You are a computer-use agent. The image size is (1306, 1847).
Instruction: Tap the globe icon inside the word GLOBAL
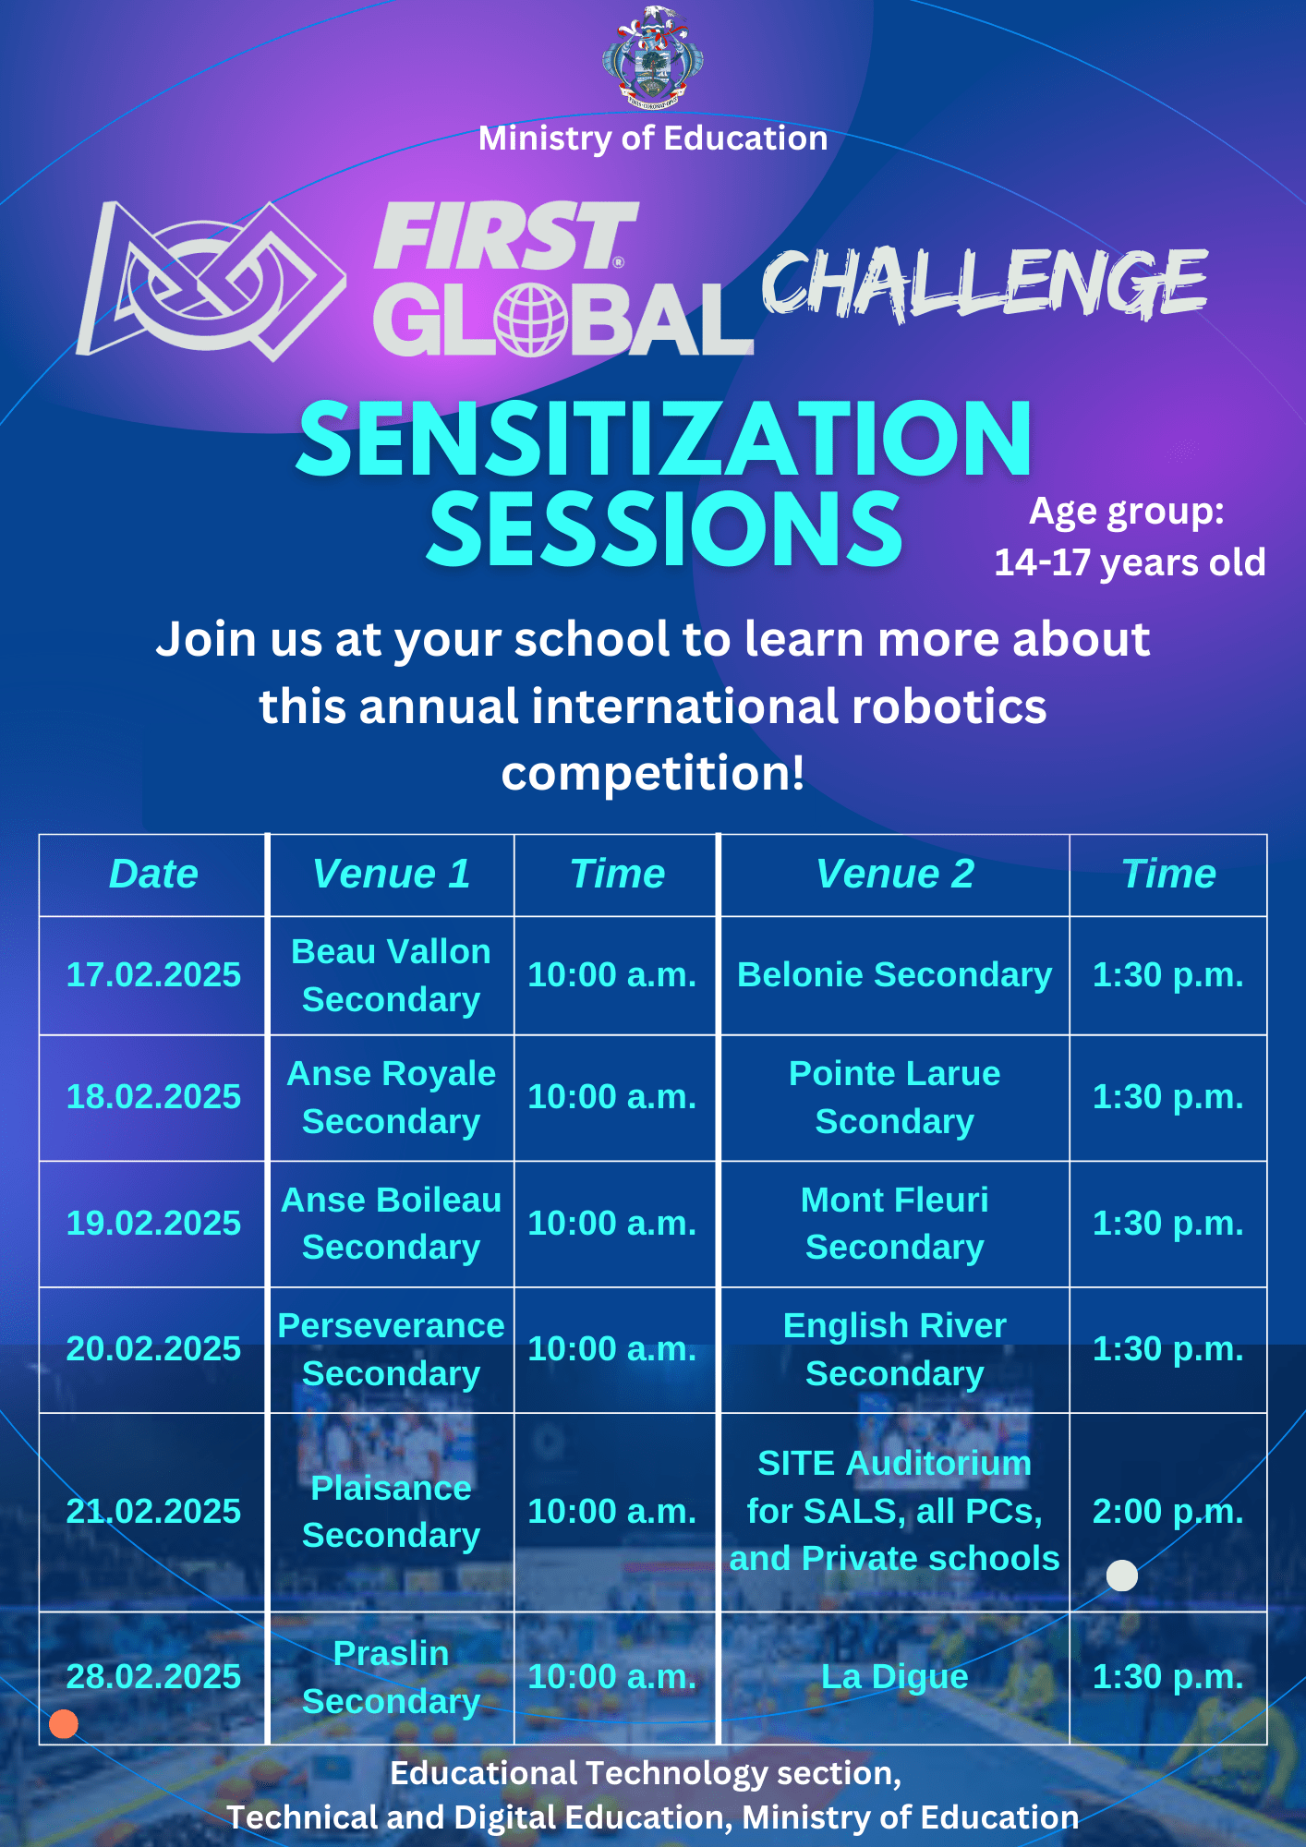[x=530, y=320]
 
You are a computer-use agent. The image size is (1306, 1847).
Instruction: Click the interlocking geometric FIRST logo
[x=211, y=281]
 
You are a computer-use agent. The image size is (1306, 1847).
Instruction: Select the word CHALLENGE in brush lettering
[x=985, y=283]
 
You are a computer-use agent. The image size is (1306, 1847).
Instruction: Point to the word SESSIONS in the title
[x=664, y=528]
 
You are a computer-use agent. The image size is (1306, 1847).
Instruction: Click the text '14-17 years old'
[x=1130, y=562]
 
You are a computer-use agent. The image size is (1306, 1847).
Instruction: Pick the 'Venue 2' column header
[x=895, y=874]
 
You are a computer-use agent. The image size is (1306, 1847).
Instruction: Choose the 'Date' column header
[x=153, y=874]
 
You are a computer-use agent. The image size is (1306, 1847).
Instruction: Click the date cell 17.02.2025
[x=153, y=974]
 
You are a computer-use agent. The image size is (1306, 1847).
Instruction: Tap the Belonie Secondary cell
[x=894, y=974]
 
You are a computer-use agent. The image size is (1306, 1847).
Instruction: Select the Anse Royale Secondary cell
[x=391, y=1097]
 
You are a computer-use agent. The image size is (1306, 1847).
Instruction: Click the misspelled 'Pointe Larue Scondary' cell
[x=894, y=1097]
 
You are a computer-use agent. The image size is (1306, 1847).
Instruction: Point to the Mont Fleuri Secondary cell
[x=894, y=1223]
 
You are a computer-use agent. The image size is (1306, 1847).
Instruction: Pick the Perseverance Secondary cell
[x=391, y=1349]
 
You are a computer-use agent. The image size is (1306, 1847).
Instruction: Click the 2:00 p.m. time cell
[x=1167, y=1511]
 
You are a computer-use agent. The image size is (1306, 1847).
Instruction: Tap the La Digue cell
[x=894, y=1676]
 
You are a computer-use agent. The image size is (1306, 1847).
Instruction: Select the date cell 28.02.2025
[x=153, y=1676]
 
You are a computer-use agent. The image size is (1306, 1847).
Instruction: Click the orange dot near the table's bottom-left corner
[x=64, y=1723]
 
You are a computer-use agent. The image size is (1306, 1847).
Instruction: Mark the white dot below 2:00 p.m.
[x=1122, y=1575]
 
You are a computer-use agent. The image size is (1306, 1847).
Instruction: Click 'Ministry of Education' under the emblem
[x=653, y=139]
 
